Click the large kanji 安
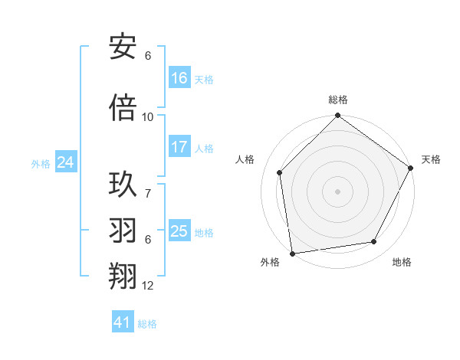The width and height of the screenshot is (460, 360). coord(123,47)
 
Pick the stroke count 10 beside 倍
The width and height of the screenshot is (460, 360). coord(148,116)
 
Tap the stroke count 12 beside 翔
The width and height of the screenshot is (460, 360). coord(148,286)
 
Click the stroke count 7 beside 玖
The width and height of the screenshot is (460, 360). coord(148,186)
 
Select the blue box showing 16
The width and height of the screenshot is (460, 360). coord(179,78)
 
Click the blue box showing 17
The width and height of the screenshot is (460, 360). coord(179,147)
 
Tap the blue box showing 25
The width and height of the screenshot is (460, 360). coord(179,231)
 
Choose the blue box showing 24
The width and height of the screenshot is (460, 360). coord(66,162)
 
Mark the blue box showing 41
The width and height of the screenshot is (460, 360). coord(123,322)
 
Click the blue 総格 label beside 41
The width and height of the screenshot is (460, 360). coord(147,324)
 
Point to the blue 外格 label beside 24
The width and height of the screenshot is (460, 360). coord(41,163)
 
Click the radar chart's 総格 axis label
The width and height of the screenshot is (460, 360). coord(338,100)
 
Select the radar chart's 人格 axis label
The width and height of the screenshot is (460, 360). coord(245,159)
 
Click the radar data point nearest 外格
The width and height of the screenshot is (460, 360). coord(292,252)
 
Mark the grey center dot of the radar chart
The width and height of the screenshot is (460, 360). coord(337,191)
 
